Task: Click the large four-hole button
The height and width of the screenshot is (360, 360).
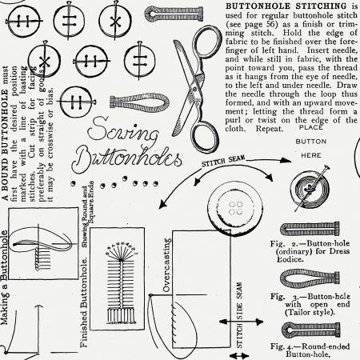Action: click(x=236, y=209)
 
